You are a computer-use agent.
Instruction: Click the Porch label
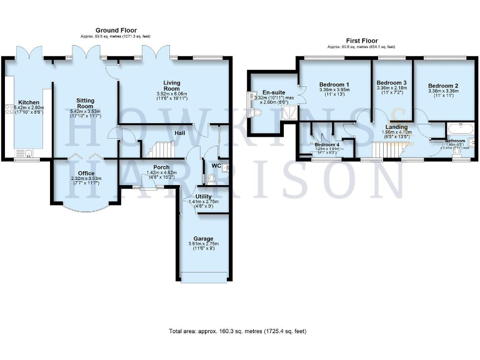click(x=161, y=167)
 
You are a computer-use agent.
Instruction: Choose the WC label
click(x=217, y=166)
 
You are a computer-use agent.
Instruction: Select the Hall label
click(x=179, y=133)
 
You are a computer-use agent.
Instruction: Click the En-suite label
click(x=274, y=92)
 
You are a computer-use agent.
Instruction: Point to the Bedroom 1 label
click(x=334, y=84)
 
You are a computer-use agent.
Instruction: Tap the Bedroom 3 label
click(x=391, y=82)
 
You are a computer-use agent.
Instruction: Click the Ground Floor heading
click(x=116, y=30)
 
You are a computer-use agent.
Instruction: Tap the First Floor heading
click(x=361, y=39)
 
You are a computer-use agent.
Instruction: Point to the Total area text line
click(x=237, y=331)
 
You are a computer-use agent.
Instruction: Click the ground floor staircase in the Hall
click(x=161, y=149)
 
